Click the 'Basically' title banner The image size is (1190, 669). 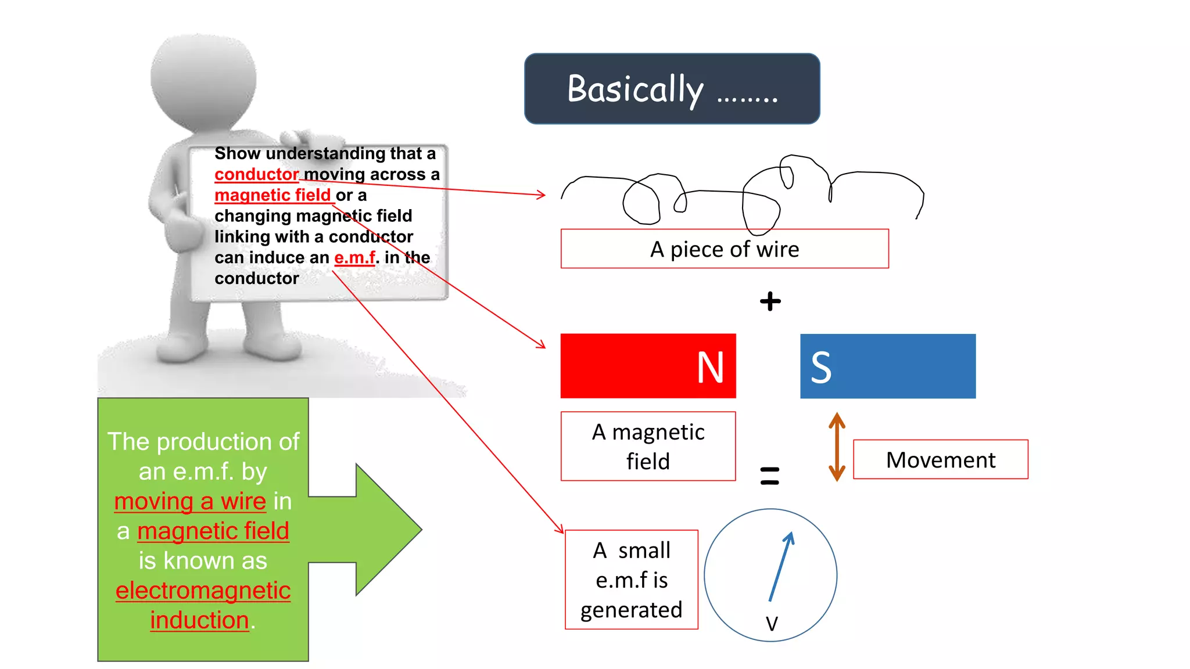point(672,89)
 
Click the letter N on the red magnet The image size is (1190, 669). point(710,367)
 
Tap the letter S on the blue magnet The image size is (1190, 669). point(821,367)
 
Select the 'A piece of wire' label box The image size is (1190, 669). point(724,249)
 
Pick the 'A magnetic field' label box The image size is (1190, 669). point(648,447)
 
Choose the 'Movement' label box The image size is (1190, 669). point(940,459)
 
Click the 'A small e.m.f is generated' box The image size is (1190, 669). point(631,580)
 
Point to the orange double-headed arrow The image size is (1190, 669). point(836,447)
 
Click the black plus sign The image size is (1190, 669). point(770,301)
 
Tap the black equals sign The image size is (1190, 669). point(769,476)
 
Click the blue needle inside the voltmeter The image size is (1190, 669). point(780,567)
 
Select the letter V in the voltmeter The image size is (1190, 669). point(771,624)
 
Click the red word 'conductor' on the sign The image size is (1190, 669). point(256,174)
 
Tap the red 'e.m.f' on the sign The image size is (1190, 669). point(354,257)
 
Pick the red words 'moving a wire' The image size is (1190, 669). point(190,501)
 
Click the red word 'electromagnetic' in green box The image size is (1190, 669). point(203,591)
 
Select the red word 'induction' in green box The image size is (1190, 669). point(199,620)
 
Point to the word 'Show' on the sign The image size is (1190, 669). point(237,153)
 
